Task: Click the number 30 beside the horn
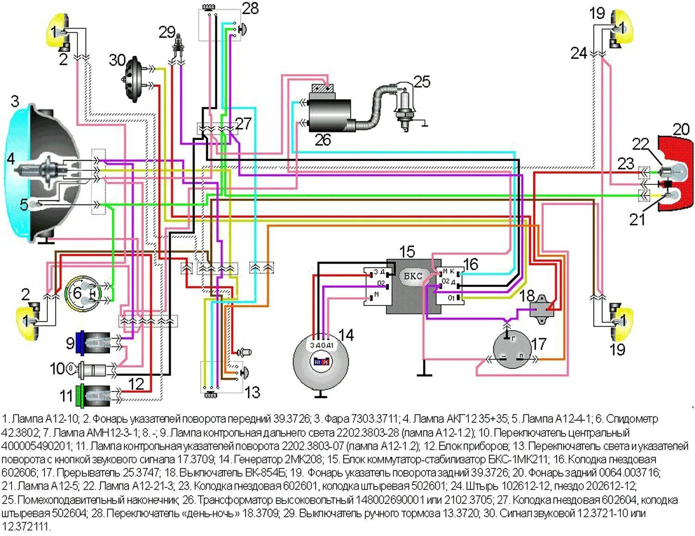coord(117,60)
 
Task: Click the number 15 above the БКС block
coord(407,252)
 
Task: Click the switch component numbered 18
coord(542,306)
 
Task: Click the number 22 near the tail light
coord(641,144)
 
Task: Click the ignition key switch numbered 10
coord(90,370)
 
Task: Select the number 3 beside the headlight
coord(15,101)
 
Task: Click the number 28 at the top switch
coord(250,8)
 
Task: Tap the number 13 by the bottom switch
coord(252,393)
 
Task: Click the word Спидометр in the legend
coord(632,419)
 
